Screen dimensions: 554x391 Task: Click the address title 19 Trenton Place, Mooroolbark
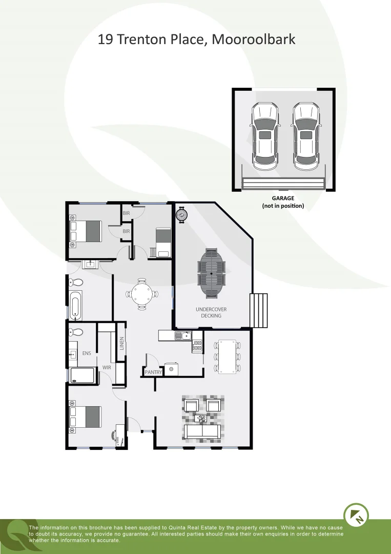click(196, 39)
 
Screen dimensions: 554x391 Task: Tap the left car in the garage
click(264, 136)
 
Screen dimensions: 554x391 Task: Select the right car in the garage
click(305, 136)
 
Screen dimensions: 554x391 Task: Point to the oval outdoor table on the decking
click(211, 273)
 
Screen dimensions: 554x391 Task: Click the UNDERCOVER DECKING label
click(211, 312)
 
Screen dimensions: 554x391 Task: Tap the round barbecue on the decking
click(182, 214)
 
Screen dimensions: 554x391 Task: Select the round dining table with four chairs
click(141, 294)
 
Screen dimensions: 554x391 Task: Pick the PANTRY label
click(153, 372)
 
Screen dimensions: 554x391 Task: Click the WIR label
click(107, 367)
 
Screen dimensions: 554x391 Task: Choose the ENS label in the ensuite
click(87, 353)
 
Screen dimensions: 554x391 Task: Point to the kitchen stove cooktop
click(197, 346)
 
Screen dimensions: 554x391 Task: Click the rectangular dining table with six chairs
click(227, 355)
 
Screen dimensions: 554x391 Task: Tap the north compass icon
click(355, 514)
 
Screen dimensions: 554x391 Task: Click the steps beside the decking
click(259, 310)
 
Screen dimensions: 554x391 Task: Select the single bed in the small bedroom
click(163, 242)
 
